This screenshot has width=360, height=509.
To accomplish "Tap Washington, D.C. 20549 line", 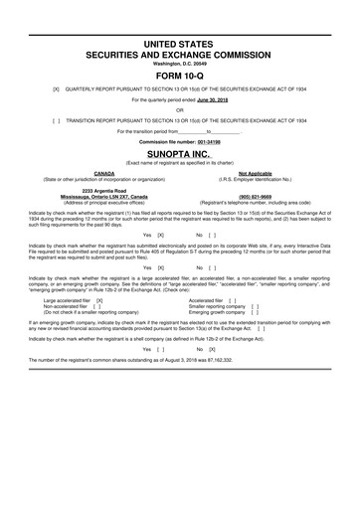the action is click(180, 39).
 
